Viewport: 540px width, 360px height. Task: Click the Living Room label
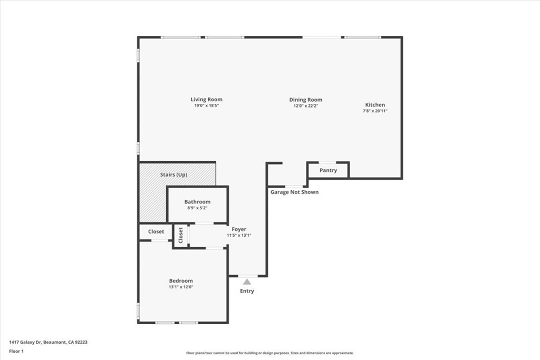[x=206, y=99]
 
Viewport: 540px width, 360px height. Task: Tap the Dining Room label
[x=305, y=100]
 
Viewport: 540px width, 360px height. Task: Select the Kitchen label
[x=375, y=105]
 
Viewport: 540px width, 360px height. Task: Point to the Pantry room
[x=327, y=170]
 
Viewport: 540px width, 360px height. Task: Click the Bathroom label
[x=197, y=202]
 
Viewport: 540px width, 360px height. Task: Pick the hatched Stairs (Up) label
[x=173, y=174]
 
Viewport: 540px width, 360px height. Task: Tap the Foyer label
[x=239, y=229]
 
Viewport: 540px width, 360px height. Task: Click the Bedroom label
[x=181, y=281]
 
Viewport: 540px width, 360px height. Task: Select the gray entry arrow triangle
[x=247, y=282]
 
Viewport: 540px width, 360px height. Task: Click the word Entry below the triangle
[x=247, y=291]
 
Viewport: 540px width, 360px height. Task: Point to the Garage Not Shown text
[x=294, y=192]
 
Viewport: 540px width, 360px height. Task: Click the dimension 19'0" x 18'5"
[x=206, y=106]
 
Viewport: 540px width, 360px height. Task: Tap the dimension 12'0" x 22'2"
[x=305, y=106]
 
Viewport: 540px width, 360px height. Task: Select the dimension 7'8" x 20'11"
[x=375, y=111]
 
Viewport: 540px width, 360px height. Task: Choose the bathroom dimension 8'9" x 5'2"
[x=197, y=208]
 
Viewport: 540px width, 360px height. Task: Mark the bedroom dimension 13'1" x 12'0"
[x=181, y=287]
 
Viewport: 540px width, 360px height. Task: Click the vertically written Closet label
[x=181, y=235]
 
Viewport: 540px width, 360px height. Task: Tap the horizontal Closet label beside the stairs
[x=156, y=231]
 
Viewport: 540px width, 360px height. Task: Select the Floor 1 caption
[x=16, y=351]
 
